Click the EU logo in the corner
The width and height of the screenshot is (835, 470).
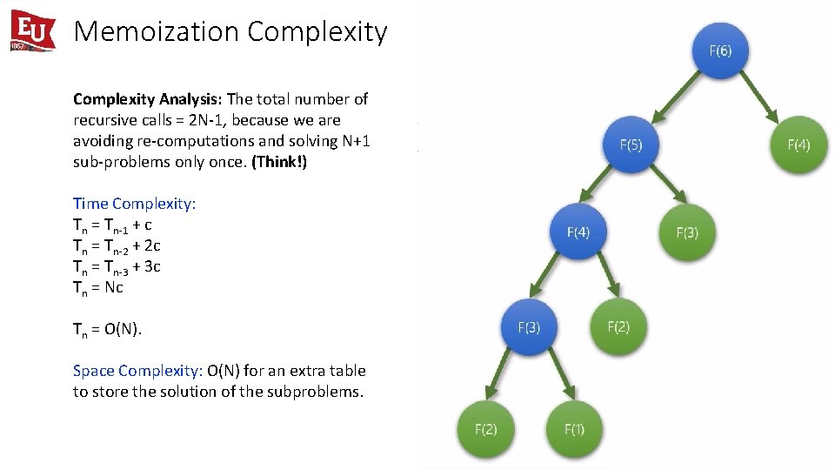coord(32,31)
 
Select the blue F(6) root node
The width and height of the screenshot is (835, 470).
coord(720,50)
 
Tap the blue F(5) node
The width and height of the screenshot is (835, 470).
coord(631,144)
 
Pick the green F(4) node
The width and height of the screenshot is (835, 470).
coord(798,144)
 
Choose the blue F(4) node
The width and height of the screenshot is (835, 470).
coord(578,232)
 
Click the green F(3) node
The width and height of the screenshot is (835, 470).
coord(687,232)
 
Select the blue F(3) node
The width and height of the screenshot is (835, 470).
coord(529,327)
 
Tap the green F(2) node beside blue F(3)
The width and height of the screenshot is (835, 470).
coord(618,326)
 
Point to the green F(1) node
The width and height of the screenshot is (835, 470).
coord(574,428)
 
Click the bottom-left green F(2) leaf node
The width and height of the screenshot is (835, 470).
coord(485,428)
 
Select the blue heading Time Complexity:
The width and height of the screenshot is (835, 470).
coord(135,204)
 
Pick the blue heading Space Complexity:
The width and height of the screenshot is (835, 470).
coord(138,371)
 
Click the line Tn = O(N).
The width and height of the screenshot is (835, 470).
coord(107,329)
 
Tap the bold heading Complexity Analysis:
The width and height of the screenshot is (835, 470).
coord(148,99)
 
